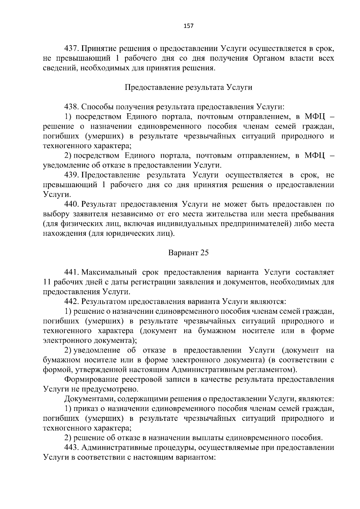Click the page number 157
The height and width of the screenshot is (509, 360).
click(x=188, y=26)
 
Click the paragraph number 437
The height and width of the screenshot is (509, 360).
click(x=71, y=49)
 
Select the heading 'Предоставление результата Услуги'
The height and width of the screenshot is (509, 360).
click(x=188, y=88)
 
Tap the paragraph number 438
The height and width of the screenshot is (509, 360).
click(x=71, y=107)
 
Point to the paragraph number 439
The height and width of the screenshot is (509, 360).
click(x=71, y=175)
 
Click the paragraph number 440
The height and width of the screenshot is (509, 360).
click(x=71, y=205)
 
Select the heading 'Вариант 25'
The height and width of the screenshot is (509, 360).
click(x=188, y=253)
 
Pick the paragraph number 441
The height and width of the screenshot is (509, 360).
click(x=71, y=272)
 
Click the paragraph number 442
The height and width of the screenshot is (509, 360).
click(x=71, y=301)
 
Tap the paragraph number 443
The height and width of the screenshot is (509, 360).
click(x=71, y=448)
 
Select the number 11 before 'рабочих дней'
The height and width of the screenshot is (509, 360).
click(x=47, y=282)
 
